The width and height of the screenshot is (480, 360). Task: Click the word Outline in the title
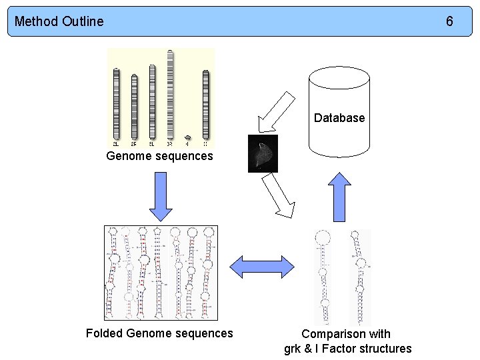pos(83,21)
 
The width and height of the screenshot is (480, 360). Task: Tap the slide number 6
pos(449,21)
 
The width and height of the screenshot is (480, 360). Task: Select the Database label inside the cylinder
pos(339,118)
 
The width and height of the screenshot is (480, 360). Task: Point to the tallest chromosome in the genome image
pos(170,97)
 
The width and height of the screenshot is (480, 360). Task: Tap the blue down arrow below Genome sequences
pos(161,197)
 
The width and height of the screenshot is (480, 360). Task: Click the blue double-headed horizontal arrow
pos(262,267)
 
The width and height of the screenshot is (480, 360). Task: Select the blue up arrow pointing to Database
pos(341,196)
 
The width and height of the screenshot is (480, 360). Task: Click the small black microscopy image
pos(263,153)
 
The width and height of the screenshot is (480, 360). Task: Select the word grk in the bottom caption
pos(293,349)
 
